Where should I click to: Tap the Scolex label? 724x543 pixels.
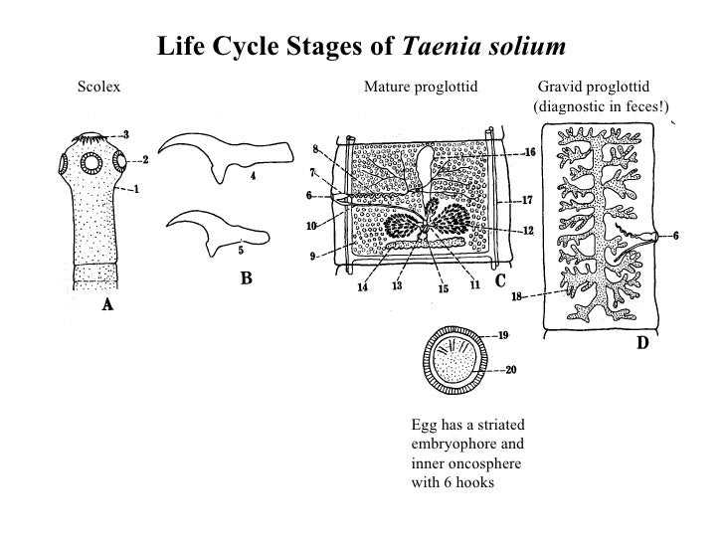tap(97, 88)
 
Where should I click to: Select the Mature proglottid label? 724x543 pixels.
tap(421, 88)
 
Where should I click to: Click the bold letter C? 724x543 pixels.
tap(502, 281)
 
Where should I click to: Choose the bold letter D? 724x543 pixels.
tap(641, 343)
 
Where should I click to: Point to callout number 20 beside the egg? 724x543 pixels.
tap(511, 371)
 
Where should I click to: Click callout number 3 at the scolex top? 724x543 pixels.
tap(125, 134)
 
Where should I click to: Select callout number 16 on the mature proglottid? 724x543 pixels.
tap(529, 153)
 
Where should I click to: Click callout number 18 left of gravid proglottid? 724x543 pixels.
tap(518, 296)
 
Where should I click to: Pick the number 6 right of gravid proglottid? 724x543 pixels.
tap(675, 236)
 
